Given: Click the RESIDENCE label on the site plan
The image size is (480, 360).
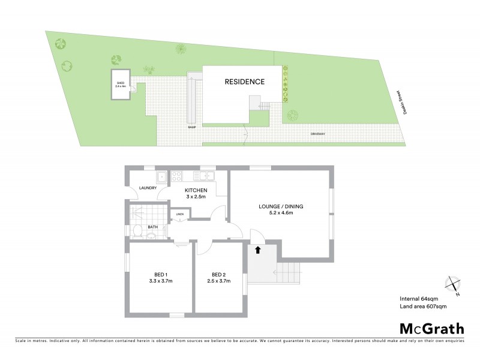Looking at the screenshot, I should (244, 82).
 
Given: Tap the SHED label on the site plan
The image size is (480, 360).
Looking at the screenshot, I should (120, 83).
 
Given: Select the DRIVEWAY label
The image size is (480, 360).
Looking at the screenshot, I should (318, 133).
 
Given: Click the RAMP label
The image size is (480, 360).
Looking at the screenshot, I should (192, 127).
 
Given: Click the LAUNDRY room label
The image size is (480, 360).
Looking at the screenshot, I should (148, 188).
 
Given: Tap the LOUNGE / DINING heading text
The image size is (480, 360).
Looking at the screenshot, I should (281, 206).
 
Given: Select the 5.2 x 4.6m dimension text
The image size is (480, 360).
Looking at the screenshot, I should (281, 214).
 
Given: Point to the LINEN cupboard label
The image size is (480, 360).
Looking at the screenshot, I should (179, 214).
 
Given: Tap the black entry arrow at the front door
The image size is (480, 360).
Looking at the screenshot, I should (258, 250).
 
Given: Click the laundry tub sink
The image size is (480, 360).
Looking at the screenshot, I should (161, 176).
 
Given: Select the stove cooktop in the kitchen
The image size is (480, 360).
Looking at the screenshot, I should (178, 176).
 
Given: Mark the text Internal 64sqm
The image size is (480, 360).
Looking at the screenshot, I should (419, 299).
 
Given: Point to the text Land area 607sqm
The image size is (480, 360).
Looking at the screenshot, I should (423, 307).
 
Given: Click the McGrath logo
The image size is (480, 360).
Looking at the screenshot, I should (432, 328).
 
